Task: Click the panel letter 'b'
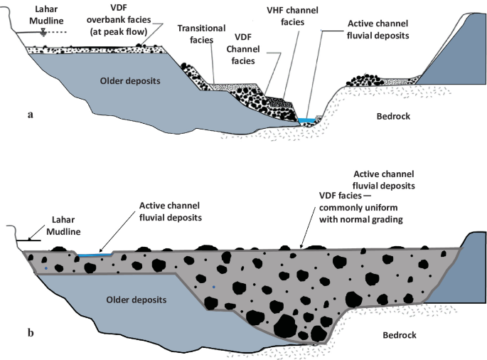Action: pos(29,332)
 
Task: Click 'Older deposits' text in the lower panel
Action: pos(137,300)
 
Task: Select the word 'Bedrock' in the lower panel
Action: pos(397,334)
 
